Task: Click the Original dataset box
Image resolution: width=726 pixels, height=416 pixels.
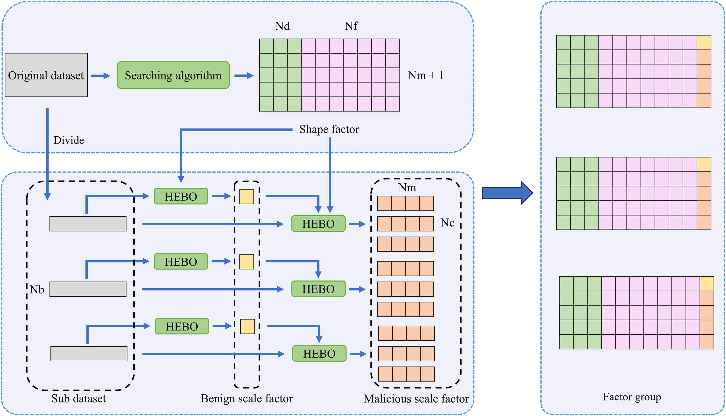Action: coord(46,75)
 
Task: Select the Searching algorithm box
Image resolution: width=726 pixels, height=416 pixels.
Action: coord(173,75)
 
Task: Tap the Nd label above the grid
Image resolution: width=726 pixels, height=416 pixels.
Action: coord(282,26)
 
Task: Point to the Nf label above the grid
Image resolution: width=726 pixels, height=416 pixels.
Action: coord(351,26)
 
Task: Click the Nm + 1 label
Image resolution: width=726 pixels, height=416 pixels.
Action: coord(425,75)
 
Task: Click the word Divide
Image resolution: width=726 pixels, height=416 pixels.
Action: coord(69,140)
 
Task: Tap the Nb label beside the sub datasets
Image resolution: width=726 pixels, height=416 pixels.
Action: coord(37,290)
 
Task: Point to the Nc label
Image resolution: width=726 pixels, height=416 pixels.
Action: coord(447,222)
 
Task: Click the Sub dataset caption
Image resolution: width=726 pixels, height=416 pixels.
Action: coord(78,398)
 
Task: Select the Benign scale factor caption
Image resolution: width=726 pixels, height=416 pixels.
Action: coord(247,398)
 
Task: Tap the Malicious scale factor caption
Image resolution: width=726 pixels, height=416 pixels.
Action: coord(416,398)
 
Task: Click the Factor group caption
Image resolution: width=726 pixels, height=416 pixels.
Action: coord(632,397)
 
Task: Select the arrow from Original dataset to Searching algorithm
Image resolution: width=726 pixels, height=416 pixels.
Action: coord(100,76)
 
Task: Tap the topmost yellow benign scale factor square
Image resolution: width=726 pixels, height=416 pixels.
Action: coord(247,197)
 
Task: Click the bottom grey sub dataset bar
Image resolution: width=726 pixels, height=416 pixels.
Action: coord(89,354)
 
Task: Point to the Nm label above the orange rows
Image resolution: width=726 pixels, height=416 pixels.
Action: coord(407,187)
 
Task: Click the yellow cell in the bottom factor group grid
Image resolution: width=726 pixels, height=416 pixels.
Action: coord(707,284)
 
